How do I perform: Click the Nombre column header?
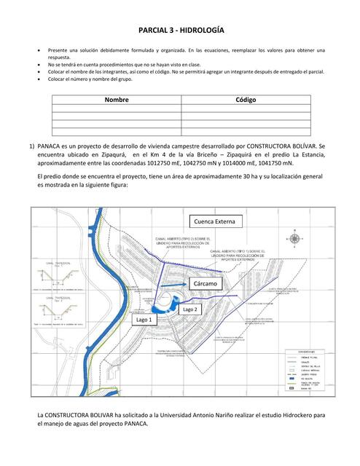pyautogui.click(x=117, y=100)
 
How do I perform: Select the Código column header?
pyautogui.click(x=246, y=100)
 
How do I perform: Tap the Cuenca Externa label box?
pyautogui.click(x=215, y=221)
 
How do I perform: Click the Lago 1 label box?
pyautogui.click(x=144, y=319)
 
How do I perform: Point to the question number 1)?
pyautogui.click(x=32, y=146)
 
